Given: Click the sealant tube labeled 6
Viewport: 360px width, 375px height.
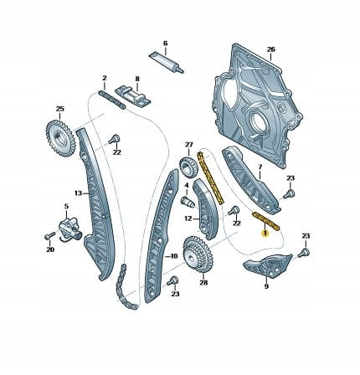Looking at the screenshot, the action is (x=166, y=62).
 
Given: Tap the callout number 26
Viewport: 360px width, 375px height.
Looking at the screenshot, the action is (x=270, y=49).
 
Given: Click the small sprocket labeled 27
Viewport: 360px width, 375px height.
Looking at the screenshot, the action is (x=189, y=168).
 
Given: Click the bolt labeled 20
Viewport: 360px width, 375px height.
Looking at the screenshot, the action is (x=49, y=236).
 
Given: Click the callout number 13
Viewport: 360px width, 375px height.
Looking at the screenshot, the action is (x=78, y=193).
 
